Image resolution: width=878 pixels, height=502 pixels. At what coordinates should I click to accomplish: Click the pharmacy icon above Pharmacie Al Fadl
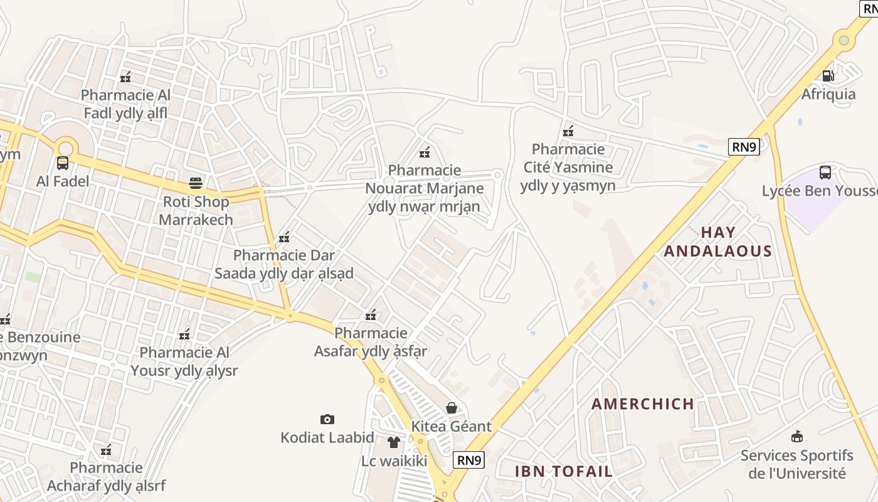[x=125, y=77]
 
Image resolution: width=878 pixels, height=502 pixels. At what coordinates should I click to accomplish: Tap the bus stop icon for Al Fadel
[x=63, y=163]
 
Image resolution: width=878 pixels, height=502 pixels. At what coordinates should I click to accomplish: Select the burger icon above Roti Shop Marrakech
[x=196, y=183]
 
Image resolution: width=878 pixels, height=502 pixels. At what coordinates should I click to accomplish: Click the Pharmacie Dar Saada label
[x=284, y=264]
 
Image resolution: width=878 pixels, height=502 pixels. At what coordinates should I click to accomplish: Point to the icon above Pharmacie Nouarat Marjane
[x=425, y=152]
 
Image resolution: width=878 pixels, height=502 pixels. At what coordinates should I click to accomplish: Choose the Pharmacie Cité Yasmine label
[x=568, y=167]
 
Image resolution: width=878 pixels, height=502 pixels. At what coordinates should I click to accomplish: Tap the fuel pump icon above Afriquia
[x=828, y=76]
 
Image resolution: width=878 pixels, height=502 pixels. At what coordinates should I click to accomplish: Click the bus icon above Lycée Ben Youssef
[x=825, y=172]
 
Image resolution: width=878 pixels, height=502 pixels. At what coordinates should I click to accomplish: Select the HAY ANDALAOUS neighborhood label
[x=717, y=242]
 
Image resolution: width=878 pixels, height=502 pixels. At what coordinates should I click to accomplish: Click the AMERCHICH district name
[x=643, y=403]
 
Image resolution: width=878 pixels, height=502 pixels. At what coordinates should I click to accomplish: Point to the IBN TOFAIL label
[x=563, y=471]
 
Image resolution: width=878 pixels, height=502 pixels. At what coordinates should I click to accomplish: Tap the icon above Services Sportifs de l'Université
[x=797, y=436]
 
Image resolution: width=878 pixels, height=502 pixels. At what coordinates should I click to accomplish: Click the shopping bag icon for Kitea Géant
[x=452, y=408]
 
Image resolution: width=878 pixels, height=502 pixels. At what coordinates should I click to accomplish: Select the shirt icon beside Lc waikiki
[x=393, y=442]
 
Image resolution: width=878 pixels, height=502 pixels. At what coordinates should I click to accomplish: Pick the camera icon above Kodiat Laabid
[x=327, y=419]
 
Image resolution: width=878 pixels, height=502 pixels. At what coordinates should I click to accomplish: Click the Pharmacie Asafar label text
[x=371, y=341]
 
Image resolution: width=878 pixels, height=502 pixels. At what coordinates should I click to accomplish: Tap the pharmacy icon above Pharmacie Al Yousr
[x=184, y=334]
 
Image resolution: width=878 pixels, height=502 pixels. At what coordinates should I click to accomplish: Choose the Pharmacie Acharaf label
[x=106, y=476]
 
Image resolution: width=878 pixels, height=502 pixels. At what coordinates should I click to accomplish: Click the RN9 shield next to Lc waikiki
[x=469, y=460]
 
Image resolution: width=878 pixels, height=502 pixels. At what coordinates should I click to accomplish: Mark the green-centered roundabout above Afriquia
[x=844, y=40]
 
